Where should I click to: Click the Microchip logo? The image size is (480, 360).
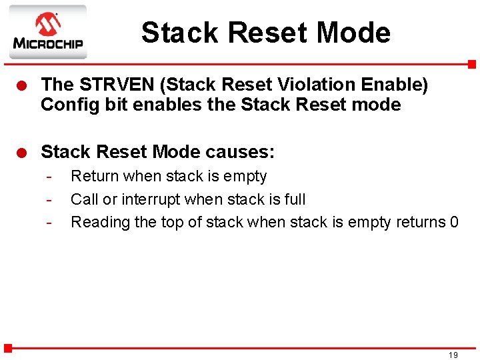coord(47,32)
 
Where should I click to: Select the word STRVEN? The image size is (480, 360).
coord(112,85)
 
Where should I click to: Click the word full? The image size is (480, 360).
coord(295,199)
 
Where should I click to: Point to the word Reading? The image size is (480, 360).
coord(100,223)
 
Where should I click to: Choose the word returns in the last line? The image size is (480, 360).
coord(415,222)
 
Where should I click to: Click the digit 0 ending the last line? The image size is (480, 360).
coord(453,222)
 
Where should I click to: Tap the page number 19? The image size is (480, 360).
coord(453,355)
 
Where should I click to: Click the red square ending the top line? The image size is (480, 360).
coord(471,65)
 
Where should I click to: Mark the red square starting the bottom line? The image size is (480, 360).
coord(8,347)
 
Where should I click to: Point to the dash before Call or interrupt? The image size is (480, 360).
coord(49,200)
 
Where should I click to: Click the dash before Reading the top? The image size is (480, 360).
coord(49,223)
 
